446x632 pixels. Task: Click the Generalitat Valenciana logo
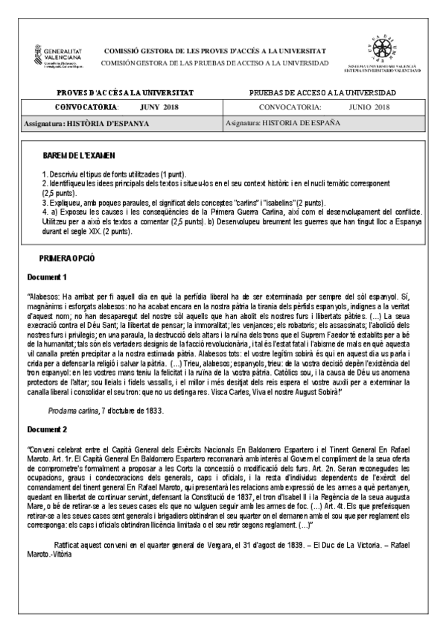click(55, 55)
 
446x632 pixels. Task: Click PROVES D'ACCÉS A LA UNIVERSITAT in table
click(125, 92)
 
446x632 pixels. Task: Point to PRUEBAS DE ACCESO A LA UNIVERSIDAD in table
click(322, 92)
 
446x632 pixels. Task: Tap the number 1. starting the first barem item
click(44, 172)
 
